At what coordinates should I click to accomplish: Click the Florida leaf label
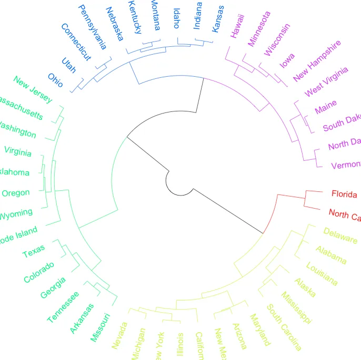point(345,194)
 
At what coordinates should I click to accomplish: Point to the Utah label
point(69,65)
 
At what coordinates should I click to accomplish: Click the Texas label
point(34,251)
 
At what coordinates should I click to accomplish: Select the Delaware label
point(340,235)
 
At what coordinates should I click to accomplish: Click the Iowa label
point(287,61)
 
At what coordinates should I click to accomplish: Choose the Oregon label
point(15,193)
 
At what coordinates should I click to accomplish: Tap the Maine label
point(326,107)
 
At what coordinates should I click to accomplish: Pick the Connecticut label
point(76,42)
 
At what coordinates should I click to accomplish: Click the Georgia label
point(53,287)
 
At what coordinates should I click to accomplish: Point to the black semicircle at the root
point(167,182)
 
